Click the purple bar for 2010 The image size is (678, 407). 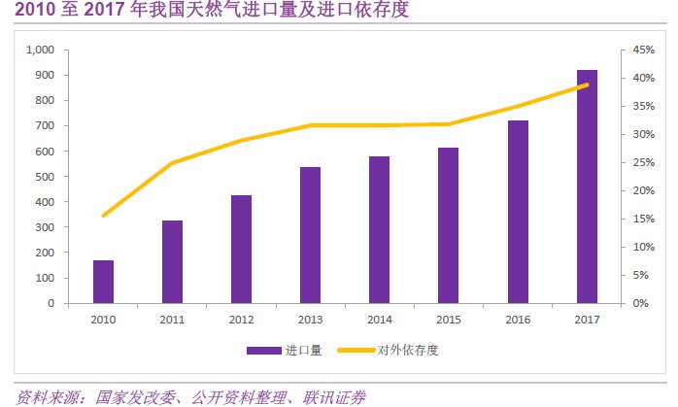tap(103, 282)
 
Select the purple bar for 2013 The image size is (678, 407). tap(310, 235)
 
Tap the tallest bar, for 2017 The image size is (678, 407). tap(586, 187)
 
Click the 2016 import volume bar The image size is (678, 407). tap(517, 212)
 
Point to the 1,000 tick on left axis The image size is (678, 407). tap(41, 50)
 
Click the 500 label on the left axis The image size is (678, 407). tap(46, 177)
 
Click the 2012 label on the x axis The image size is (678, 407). tap(241, 319)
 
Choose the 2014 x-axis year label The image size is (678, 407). tap(379, 319)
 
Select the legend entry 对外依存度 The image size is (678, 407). tap(404, 350)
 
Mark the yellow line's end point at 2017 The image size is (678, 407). tap(587, 85)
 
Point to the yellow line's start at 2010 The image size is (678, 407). tap(103, 215)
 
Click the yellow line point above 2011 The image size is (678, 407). tap(172, 163)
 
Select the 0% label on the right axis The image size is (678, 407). tap(641, 303)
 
